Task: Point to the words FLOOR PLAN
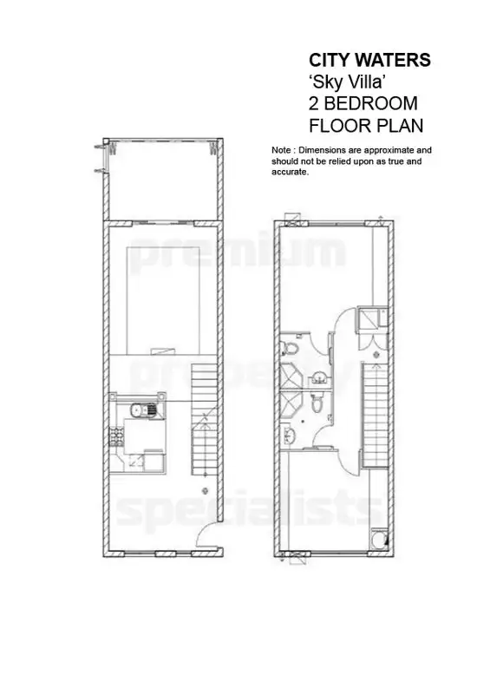click(366, 126)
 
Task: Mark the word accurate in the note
click(291, 173)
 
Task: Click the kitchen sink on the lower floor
click(136, 410)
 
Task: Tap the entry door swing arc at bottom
click(209, 538)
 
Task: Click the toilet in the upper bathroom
click(292, 349)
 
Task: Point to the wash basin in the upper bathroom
click(319, 374)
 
